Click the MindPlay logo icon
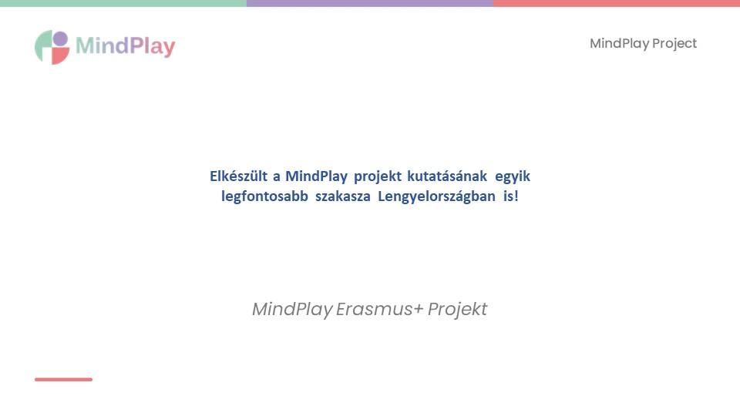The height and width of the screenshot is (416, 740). tap(52, 47)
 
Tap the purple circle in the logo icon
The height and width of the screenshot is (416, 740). tap(60, 39)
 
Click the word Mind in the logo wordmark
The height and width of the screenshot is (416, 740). tap(102, 45)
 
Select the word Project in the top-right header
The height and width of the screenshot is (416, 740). tap(674, 44)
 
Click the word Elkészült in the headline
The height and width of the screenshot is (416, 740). tap(238, 176)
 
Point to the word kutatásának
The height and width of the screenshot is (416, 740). tap(447, 176)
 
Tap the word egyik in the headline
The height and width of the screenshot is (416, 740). tap(513, 177)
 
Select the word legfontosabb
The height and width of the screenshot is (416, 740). tap(264, 196)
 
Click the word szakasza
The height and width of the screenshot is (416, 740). tap(343, 196)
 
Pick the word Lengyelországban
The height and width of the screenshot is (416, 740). tap(436, 196)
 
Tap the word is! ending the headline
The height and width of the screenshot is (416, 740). tap(510, 196)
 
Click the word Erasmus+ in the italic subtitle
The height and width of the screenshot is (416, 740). tap(380, 310)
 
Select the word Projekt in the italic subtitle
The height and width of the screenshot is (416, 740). tap(457, 310)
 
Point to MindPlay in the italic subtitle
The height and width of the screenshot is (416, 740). tap(293, 310)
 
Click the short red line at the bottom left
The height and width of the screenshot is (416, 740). tap(63, 379)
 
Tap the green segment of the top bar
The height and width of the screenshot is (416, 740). tap(123, 3)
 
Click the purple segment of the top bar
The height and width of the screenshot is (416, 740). tap(370, 3)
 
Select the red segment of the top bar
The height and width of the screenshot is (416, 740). tap(617, 3)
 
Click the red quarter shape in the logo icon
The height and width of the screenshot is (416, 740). tap(59, 55)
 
